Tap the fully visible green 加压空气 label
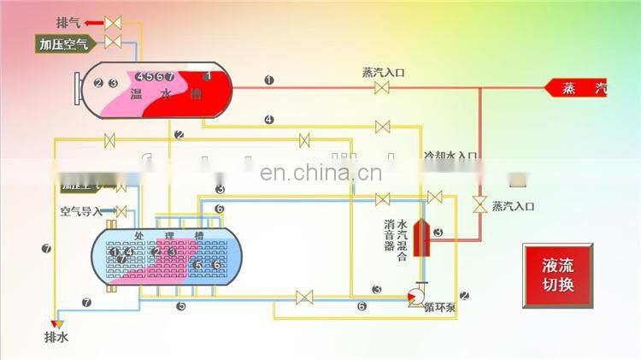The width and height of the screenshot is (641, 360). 64,44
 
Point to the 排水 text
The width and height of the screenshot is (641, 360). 56,337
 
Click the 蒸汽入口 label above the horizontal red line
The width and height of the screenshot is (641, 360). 383,73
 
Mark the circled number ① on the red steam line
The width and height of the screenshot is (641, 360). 269,80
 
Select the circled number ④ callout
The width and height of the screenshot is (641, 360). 269,120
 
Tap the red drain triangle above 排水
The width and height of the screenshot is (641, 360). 56,321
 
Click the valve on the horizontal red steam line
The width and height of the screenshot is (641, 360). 383,86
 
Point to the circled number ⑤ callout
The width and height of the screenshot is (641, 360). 181,305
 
